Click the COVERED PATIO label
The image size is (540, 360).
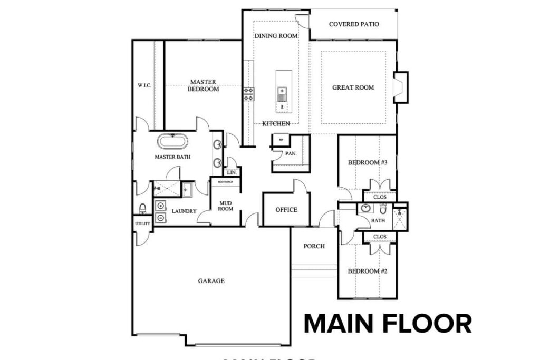pyautogui.click(x=354, y=24)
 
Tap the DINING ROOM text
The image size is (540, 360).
pyautogui.click(x=276, y=36)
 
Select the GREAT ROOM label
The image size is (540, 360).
pyautogui.click(x=353, y=87)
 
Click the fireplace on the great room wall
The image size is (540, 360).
pyautogui.click(x=401, y=87)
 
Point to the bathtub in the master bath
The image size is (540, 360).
pyautogui.click(x=172, y=142)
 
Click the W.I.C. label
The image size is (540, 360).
pyautogui.click(x=144, y=85)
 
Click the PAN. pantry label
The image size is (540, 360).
pyautogui.click(x=291, y=154)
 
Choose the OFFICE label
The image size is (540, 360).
pyautogui.click(x=286, y=210)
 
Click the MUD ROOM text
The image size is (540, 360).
pyautogui.click(x=226, y=205)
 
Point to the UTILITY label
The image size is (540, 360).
pyautogui.click(x=143, y=223)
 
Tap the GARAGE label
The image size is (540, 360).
pyautogui.click(x=211, y=281)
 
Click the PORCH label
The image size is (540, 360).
pyautogui.click(x=314, y=246)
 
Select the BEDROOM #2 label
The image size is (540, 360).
pyautogui.click(x=368, y=271)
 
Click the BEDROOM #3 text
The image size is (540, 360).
pyautogui.click(x=368, y=163)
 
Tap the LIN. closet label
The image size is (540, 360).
pyautogui.click(x=231, y=172)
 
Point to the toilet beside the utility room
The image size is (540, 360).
pyautogui.click(x=142, y=209)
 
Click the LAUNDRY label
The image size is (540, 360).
pyautogui.click(x=184, y=211)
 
